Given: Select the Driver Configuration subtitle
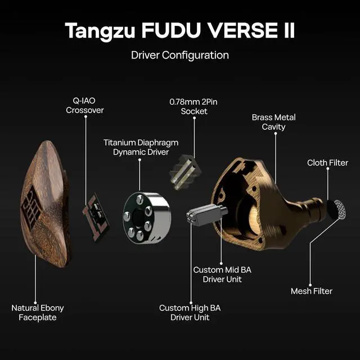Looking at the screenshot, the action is pyautogui.click(x=179, y=55).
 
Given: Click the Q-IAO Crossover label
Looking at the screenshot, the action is pyautogui.click(x=85, y=105).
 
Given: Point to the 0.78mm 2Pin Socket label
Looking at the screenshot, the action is pyautogui.click(x=194, y=106).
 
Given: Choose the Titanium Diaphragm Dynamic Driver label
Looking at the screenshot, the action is pyautogui.click(x=138, y=147).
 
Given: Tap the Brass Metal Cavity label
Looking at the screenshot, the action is pyautogui.click(x=273, y=122).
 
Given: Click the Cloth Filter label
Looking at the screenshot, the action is pyautogui.click(x=327, y=163).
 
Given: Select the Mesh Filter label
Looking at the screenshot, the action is pyautogui.click(x=311, y=291).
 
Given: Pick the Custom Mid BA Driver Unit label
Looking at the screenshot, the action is pyautogui.click(x=222, y=274).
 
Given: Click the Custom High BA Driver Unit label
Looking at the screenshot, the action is pyautogui.click(x=190, y=313).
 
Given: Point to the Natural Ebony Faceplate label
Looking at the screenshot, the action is pyautogui.click(x=38, y=313).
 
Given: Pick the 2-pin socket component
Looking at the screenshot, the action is pyautogui.click(x=185, y=170).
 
